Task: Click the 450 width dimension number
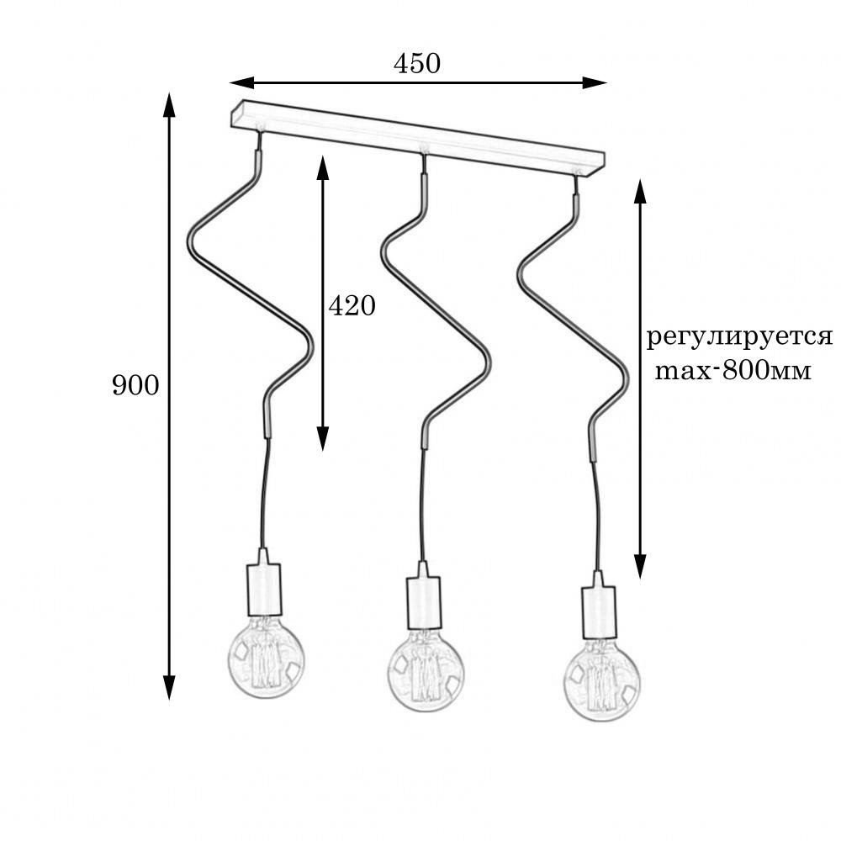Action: click(417, 63)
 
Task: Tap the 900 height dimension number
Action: click(135, 385)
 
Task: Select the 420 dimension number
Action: click(352, 306)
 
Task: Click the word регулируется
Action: click(739, 338)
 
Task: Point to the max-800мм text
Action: click(733, 371)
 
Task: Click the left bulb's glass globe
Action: click(266, 659)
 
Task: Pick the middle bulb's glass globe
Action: click(426, 671)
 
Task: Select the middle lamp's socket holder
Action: click(424, 595)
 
